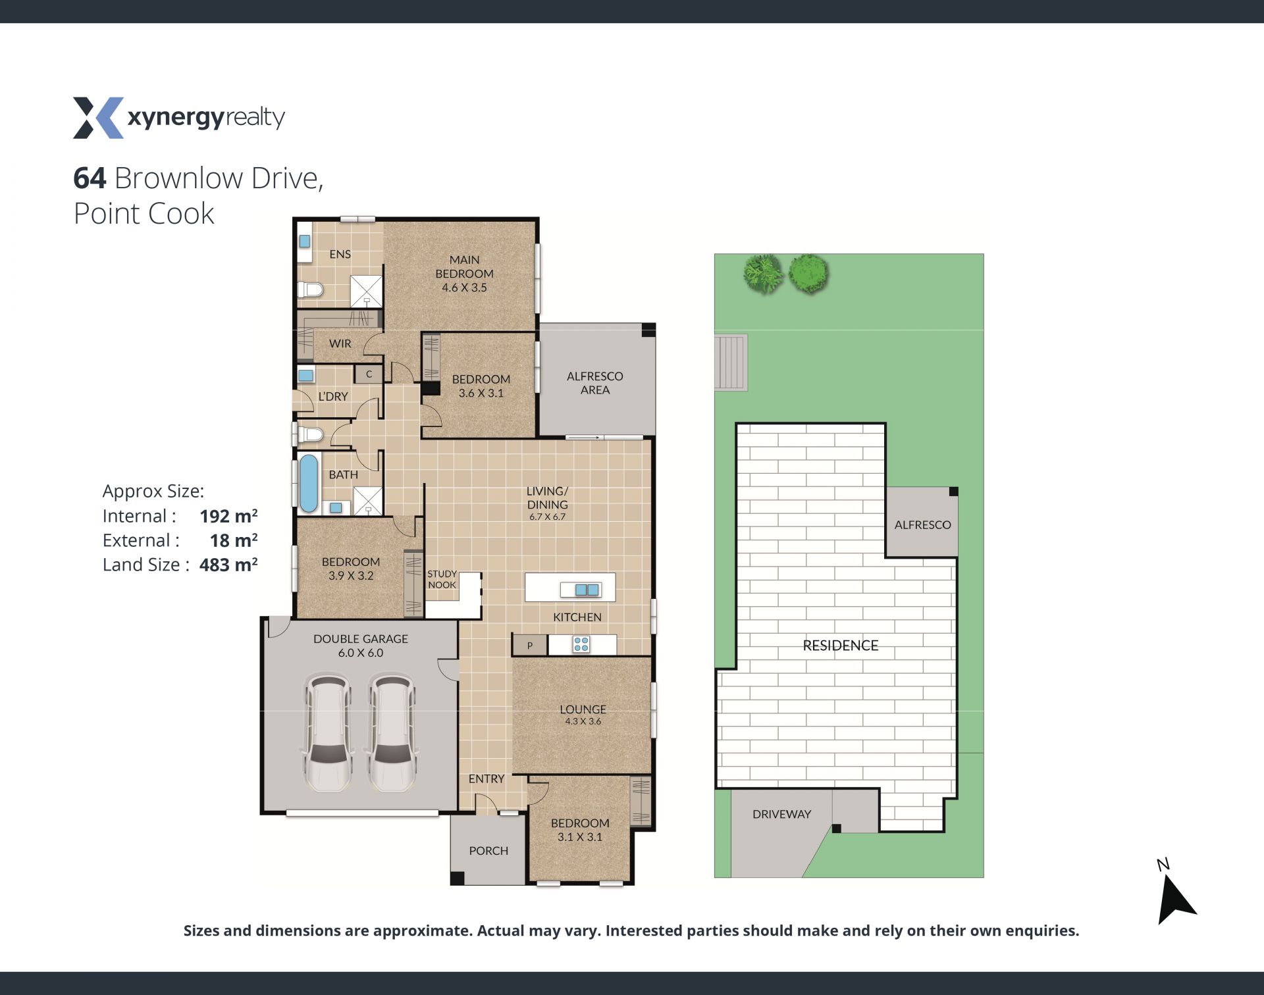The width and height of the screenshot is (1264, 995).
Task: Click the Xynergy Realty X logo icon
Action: (x=98, y=118)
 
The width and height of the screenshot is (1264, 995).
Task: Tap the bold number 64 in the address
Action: (x=90, y=178)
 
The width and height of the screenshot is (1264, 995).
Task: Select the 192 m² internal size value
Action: (x=228, y=516)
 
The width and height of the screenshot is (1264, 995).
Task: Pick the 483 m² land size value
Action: (x=228, y=565)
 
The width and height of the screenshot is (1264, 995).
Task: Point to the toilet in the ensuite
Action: (x=310, y=290)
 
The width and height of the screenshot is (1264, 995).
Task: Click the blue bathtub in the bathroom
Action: (x=308, y=484)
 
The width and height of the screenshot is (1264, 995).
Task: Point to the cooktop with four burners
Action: (x=581, y=644)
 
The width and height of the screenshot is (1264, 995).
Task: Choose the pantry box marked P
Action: (x=530, y=646)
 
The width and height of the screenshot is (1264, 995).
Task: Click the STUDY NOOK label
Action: (x=442, y=579)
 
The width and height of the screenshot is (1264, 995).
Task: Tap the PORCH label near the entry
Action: (x=488, y=851)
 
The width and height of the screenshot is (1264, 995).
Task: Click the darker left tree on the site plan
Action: (x=764, y=274)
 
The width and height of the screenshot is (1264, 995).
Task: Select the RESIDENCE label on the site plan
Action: (x=841, y=646)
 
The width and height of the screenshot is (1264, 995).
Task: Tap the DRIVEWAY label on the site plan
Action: (x=781, y=814)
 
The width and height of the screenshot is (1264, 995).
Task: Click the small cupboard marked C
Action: (x=369, y=374)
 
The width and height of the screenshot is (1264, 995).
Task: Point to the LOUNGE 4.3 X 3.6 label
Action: (x=583, y=714)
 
